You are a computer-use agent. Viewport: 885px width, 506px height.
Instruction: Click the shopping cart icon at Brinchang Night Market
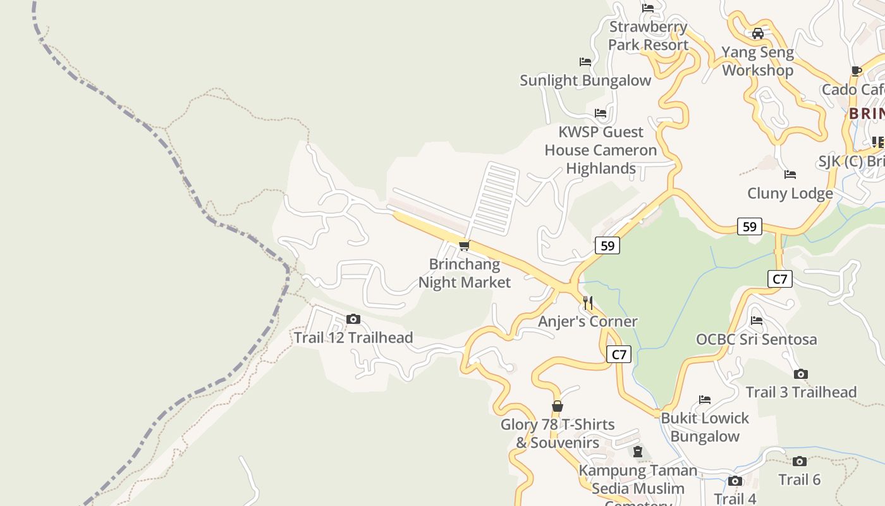tap(465, 245)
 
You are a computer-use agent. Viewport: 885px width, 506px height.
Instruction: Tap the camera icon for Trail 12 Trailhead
tap(353, 319)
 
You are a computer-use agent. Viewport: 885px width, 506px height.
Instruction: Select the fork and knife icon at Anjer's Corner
tap(588, 303)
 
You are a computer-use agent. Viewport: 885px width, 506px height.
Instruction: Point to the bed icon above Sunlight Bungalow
tap(585, 62)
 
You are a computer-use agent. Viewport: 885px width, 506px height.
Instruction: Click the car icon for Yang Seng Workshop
tap(757, 34)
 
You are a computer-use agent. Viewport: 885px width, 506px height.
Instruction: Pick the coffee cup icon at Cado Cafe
tap(857, 71)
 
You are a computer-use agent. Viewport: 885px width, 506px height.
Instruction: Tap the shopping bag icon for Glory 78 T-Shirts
tap(557, 406)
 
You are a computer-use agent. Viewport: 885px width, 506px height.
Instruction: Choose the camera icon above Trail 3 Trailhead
tap(800, 374)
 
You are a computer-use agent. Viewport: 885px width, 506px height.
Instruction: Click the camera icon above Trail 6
tap(799, 461)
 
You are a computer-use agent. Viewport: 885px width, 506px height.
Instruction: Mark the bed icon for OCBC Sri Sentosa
tap(756, 321)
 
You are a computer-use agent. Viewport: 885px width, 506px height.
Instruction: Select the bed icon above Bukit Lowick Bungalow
tap(705, 400)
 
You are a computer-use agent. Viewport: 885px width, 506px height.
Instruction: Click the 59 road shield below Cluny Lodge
tap(749, 226)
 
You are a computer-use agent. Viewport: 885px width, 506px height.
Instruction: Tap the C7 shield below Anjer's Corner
tap(618, 354)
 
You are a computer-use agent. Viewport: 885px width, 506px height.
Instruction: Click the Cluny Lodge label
tap(790, 194)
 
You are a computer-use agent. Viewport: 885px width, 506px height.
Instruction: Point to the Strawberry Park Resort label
tap(648, 36)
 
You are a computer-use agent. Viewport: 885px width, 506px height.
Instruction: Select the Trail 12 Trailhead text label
tap(353, 338)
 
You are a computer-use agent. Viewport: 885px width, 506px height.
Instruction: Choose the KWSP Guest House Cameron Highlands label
tap(601, 151)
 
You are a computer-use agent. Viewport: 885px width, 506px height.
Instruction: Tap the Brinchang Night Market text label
tap(465, 273)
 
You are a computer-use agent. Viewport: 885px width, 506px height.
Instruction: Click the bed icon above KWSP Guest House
tap(601, 113)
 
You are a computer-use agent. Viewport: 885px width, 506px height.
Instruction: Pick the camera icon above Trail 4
tap(735, 481)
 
